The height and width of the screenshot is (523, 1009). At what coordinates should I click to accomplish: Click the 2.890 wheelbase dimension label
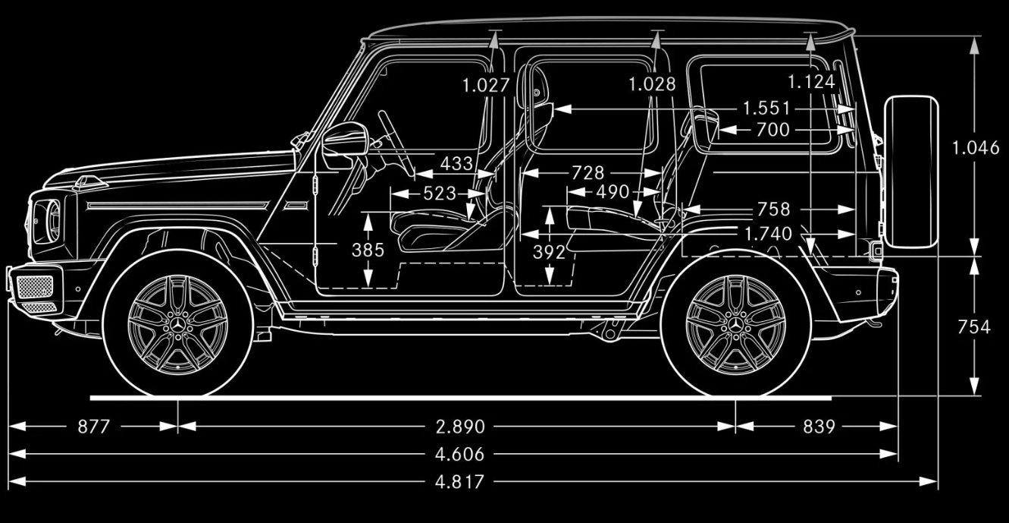460,427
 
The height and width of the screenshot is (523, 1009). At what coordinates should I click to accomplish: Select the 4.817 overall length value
460,482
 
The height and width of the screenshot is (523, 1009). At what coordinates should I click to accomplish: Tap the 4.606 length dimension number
460,455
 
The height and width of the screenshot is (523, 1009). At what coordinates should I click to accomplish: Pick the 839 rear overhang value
819,427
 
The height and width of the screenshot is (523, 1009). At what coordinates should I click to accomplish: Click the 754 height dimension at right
974,327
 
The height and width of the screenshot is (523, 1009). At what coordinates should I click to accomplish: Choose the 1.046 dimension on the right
976,148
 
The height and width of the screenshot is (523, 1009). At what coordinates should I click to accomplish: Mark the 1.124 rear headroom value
810,82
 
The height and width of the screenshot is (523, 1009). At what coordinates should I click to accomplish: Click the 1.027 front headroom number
486,85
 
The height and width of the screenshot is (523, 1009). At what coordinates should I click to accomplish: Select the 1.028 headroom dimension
652,83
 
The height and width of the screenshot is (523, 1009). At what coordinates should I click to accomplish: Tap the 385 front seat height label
368,250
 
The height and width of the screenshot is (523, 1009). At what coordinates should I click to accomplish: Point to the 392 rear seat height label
549,252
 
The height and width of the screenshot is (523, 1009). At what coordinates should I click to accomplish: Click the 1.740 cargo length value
768,234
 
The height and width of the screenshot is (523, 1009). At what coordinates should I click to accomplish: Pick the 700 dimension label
772,131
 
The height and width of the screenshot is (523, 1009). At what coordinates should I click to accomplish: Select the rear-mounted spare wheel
910,172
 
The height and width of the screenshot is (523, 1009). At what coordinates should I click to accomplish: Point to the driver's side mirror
342,144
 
